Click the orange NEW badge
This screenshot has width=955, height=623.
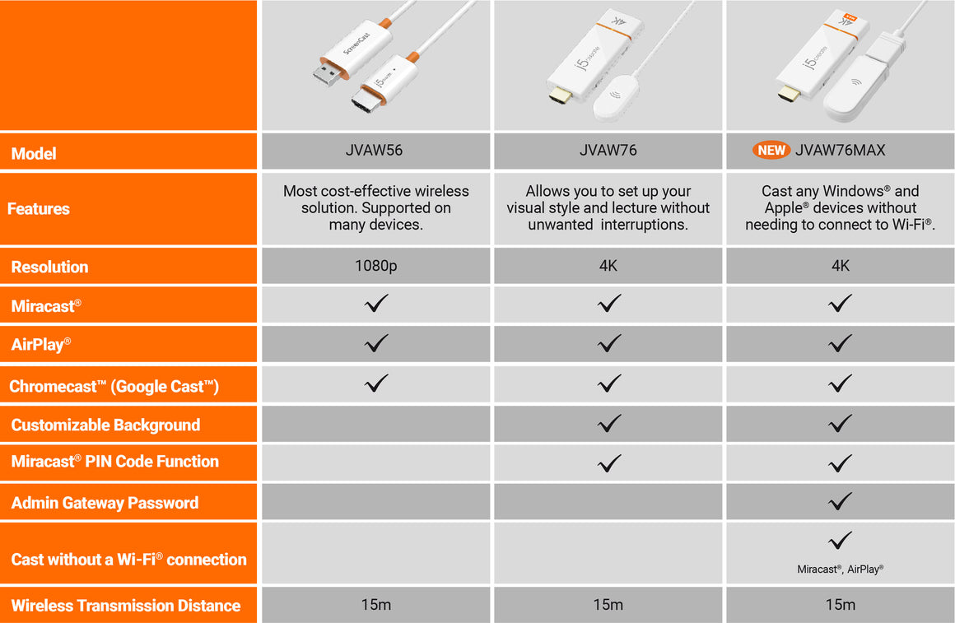(771, 150)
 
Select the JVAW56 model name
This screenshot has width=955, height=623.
(374, 150)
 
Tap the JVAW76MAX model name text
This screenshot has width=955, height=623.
(840, 150)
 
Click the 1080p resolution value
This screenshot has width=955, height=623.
(375, 266)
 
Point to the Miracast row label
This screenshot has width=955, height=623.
(46, 305)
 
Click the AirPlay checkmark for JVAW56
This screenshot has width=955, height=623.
(376, 343)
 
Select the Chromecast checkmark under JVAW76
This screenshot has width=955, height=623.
(609, 383)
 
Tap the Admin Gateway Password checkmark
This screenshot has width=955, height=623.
(840, 501)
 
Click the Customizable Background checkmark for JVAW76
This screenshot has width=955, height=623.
(609, 423)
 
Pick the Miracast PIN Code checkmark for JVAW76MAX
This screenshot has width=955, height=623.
(840, 463)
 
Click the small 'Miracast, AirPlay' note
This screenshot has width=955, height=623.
(840, 569)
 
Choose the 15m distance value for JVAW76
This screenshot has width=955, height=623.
(608, 604)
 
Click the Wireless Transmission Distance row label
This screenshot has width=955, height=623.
(125, 606)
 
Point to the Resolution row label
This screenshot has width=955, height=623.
(49, 267)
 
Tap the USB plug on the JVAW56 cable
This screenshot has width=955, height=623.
(328, 72)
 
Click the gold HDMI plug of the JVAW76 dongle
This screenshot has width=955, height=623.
(561, 95)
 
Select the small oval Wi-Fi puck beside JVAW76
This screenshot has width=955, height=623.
(616, 97)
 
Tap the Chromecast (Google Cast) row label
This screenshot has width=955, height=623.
(114, 386)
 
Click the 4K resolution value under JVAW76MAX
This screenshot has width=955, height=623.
(841, 266)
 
